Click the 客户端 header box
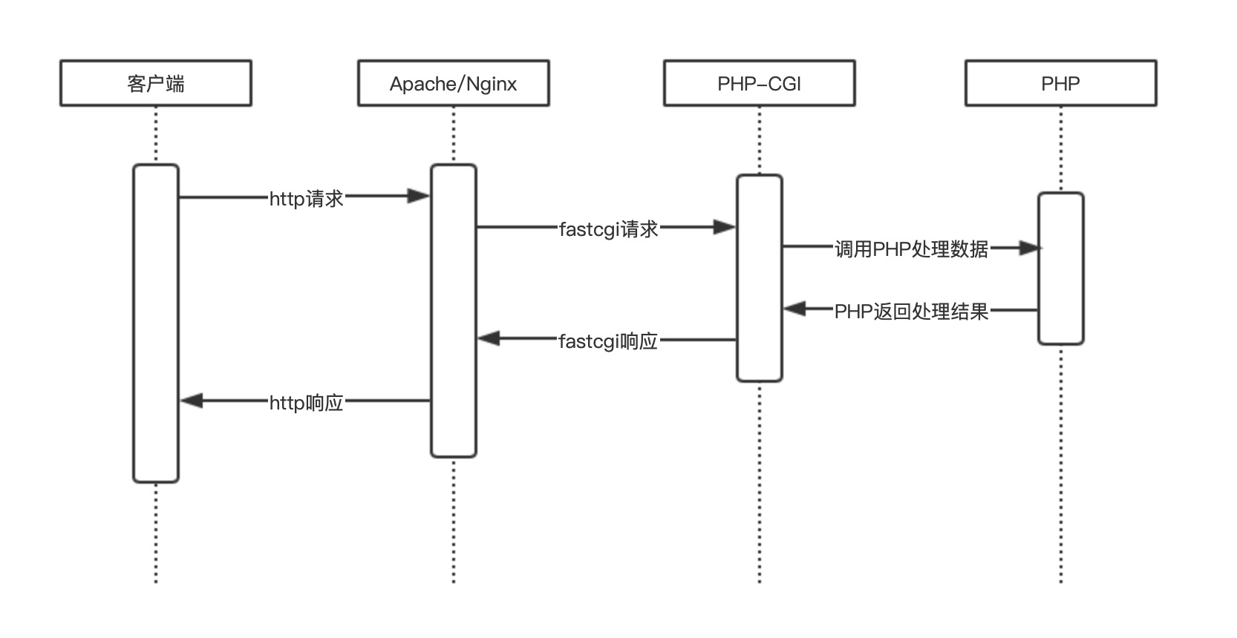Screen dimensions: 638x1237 (156, 83)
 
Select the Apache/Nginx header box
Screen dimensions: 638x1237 (453, 83)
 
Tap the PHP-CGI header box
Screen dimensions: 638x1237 (759, 83)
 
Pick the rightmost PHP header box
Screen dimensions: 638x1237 (1060, 83)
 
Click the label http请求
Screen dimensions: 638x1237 (306, 198)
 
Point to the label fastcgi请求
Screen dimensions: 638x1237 (608, 228)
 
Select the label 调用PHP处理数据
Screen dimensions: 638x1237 (911, 249)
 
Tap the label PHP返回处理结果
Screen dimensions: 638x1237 (911, 311)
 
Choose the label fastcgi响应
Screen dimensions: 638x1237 (608, 341)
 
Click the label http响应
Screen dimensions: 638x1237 (306, 403)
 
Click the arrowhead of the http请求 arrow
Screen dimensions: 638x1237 (420, 197)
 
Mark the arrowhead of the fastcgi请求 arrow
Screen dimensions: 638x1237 (725, 228)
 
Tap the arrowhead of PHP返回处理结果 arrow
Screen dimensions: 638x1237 (794, 309)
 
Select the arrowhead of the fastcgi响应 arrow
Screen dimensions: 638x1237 (488, 339)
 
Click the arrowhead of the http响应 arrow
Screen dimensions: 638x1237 (192, 401)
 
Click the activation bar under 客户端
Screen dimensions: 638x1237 (156, 323)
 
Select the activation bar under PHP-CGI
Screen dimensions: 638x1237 (759, 278)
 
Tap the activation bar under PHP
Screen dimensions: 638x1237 (1060, 269)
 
